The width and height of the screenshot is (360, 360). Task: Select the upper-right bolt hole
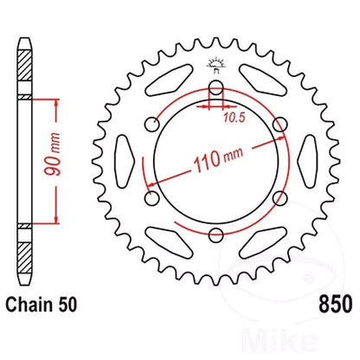click(278, 125)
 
